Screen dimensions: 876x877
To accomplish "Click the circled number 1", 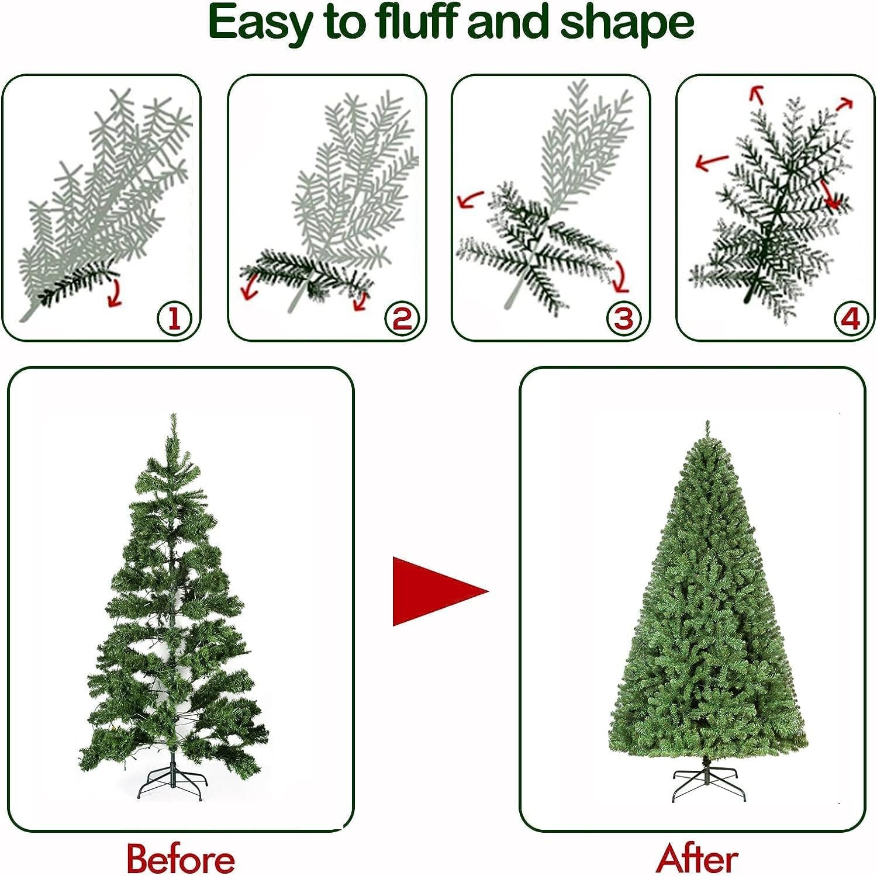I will tap(174, 318).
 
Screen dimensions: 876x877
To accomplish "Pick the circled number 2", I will tap(402, 318).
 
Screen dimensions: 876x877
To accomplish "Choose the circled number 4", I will tap(850, 318).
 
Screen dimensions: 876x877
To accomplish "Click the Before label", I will tap(181, 858).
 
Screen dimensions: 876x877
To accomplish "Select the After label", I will tap(697, 858).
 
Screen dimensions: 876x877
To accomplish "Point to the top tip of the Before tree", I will tap(173, 416).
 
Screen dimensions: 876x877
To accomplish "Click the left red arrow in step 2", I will tap(251, 286).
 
